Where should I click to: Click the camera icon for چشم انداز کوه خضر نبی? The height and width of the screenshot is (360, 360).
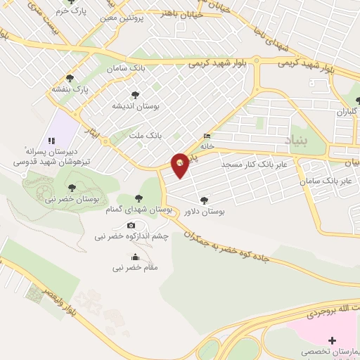click(131, 225)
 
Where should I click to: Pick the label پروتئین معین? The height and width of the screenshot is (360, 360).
click(136, 18)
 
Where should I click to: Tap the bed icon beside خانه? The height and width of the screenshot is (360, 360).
click(207, 136)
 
